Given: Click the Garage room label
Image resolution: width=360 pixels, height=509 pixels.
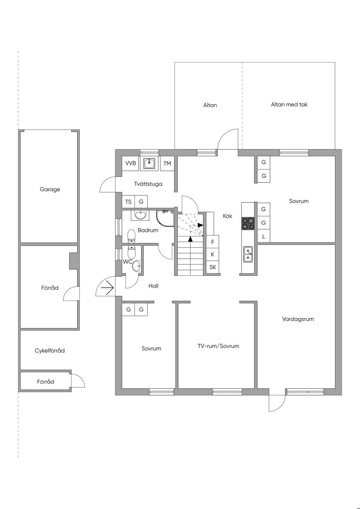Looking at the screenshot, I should tap(50, 189).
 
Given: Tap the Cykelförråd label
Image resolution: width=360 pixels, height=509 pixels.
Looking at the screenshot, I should tap(50, 351).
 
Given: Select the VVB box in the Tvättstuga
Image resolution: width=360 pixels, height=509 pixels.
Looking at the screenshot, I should tap(130, 163).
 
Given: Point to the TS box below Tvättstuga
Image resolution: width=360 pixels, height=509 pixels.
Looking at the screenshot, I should tap(128, 202).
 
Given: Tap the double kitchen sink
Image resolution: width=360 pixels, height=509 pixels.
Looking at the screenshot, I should tap(248, 254).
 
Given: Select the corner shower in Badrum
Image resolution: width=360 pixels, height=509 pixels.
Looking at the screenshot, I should tap(165, 218).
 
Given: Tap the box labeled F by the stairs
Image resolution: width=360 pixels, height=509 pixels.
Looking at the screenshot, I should tap(212, 242).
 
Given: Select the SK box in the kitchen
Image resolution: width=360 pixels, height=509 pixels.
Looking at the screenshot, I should tap(213, 267).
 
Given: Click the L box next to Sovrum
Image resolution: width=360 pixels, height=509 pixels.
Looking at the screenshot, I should tap(264, 237).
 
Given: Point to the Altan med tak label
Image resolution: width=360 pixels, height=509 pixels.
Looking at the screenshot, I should tap(289, 105).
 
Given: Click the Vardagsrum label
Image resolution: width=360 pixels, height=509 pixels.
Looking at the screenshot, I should tap(298, 319).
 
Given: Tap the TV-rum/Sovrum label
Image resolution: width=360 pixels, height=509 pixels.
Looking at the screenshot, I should tap(218, 346).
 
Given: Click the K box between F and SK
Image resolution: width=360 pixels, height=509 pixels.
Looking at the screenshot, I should tap(212, 254).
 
